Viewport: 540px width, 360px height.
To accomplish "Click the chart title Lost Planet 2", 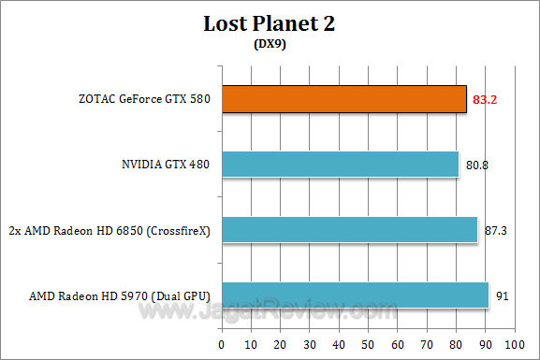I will pyautogui.click(x=270, y=24).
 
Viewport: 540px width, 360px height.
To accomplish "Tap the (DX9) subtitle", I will pyautogui.click(x=270, y=43).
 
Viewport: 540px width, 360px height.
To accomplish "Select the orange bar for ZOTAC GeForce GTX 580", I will pyautogui.click(x=343, y=99).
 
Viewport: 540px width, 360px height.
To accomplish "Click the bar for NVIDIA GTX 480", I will pyautogui.click(x=340, y=165).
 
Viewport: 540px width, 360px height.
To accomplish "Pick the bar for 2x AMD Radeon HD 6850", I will pyautogui.click(x=349, y=230).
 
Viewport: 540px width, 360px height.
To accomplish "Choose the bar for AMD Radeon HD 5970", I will pyautogui.click(x=355, y=295).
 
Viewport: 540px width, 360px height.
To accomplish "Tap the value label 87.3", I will pyautogui.click(x=496, y=231).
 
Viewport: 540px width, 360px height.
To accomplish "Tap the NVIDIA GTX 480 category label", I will pyautogui.click(x=164, y=166).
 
